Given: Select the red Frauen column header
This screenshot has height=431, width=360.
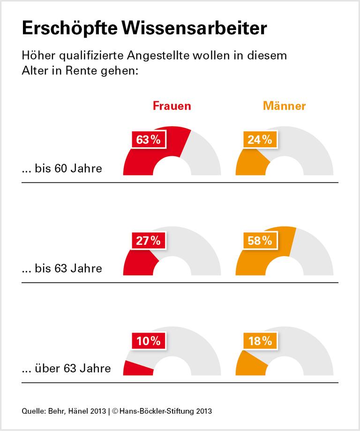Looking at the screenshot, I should click(x=172, y=106).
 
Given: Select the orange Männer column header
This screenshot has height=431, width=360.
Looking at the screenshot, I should click(x=284, y=106).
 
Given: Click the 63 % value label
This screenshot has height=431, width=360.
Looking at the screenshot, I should click(x=148, y=139).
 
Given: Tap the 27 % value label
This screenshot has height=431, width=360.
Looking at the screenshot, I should click(x=148, y=241).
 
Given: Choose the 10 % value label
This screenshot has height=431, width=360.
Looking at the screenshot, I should click(x=148, y=341).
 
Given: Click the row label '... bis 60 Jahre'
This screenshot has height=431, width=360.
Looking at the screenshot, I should click(x=62, y=168).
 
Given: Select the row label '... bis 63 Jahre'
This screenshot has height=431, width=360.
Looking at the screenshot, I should click(x=62, y=269).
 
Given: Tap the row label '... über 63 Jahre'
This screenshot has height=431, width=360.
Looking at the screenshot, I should click(x=66, y=369).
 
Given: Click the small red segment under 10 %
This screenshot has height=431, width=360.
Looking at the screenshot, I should click(x=136, y=369).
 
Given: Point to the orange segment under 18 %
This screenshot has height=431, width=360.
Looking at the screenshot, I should click(x=249, y=364).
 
